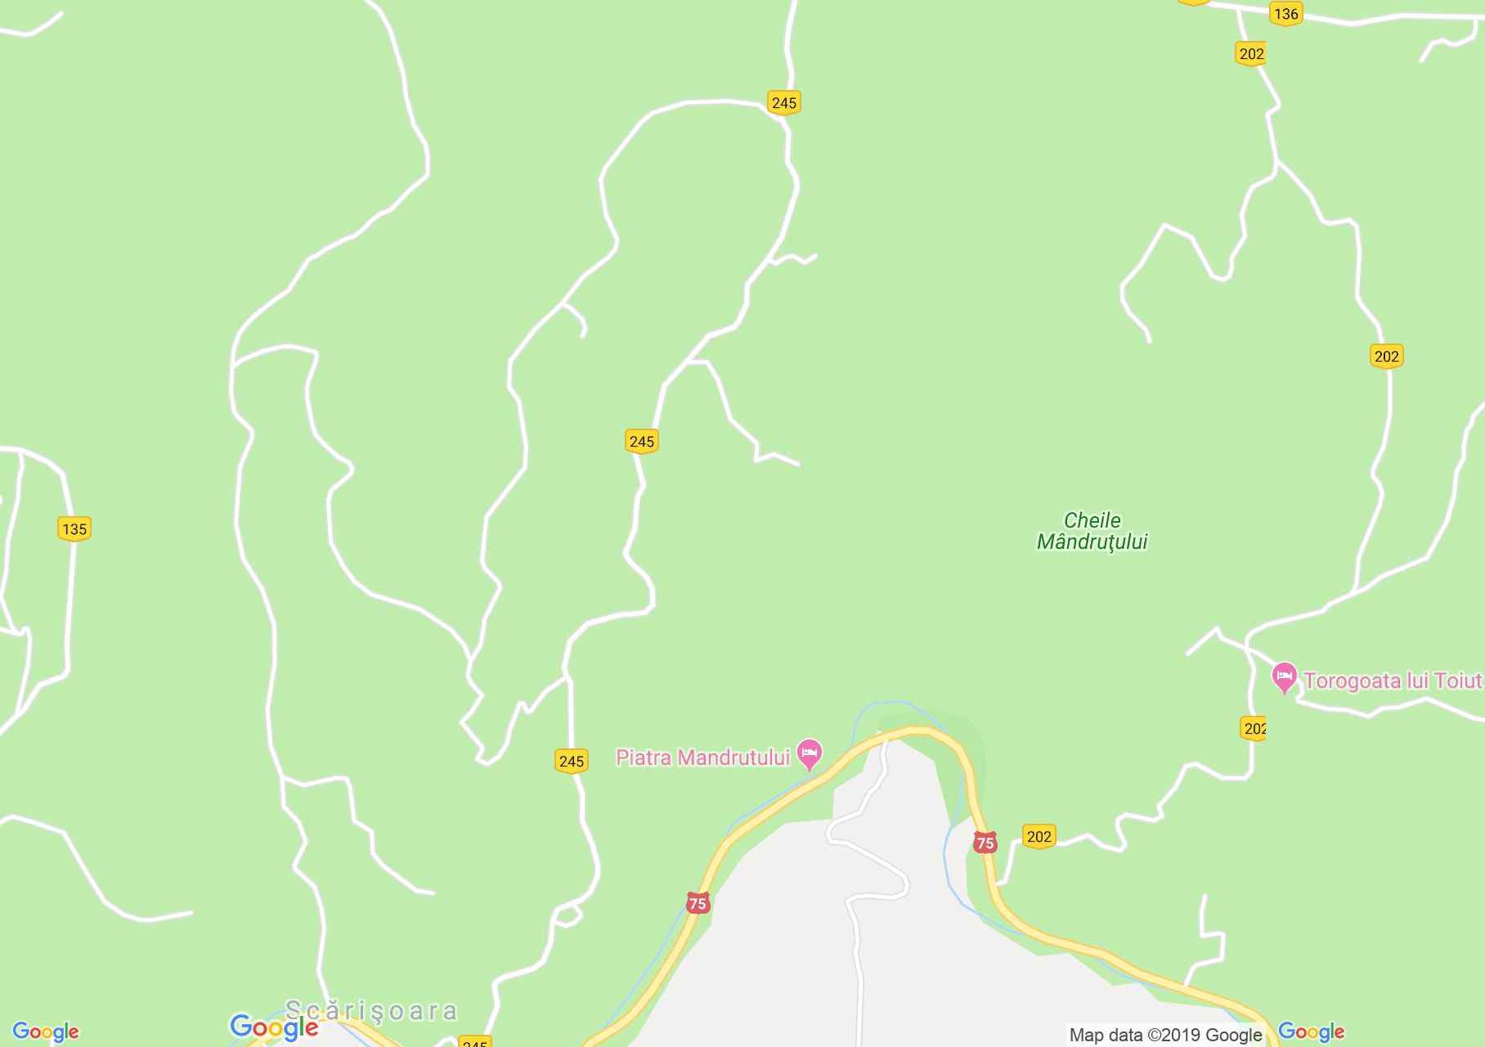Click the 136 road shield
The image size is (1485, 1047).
pyautogui.click(x=1285, y=14)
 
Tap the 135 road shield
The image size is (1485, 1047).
pyautogui.click(x=74, y=528)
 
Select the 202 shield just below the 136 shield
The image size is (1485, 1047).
pyautogui.click(x=1251, y=54)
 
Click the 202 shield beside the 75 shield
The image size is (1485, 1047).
pyautogui.click(x=1039, y=836)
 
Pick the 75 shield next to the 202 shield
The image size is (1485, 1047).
pyautogui.click(x=985, y=843)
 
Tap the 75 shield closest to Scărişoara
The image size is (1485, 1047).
pyautogui.click(x=698, y=903)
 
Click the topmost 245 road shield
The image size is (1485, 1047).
pyautogui.click(x=783, y=102)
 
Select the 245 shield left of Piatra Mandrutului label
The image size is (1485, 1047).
pyautogui.click(x=571, y=762)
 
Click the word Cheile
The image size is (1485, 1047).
pyautogui.click(x=1092, y=520)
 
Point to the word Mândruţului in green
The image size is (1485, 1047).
pyautogui.click(x=1092, y=542)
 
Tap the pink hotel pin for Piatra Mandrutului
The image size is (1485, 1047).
pyautogui.click(x=810, y=753)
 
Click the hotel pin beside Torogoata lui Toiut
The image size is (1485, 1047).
pyautogui.click(x=1284, y=677)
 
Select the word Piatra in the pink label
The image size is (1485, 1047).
pyautogui.click(x=644, y=757)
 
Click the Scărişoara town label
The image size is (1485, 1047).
pyautogui.click(x=371, y=1011)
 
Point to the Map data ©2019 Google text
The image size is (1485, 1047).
pyautogui.click(x=1165, y=1035)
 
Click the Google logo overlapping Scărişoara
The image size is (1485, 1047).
pyautogui.click(x=274, y=1027)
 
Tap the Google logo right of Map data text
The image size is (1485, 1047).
pyautogui.click(x=1311, y=1031)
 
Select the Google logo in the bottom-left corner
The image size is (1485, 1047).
pyautogui.click(x=46, y=1031)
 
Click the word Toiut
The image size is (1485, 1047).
pyautogui.click(x=1458, y=681)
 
